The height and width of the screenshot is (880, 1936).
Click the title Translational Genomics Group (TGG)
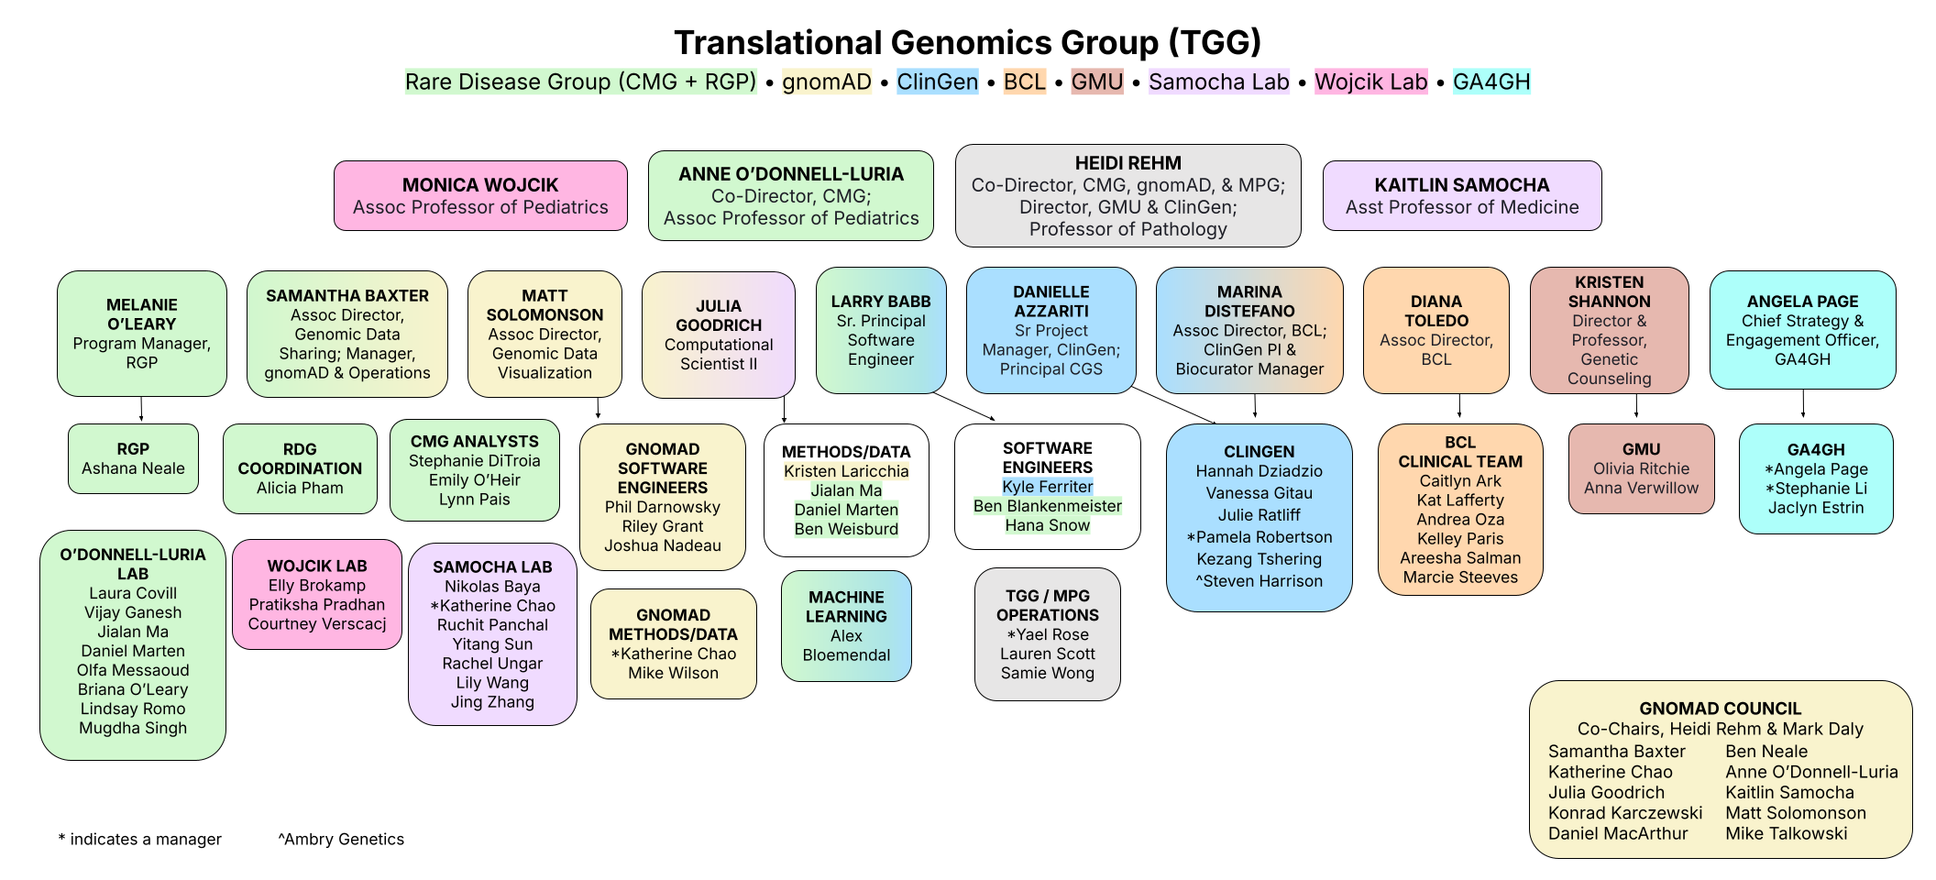coord(967,43)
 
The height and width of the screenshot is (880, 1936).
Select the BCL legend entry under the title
coord(1024,82)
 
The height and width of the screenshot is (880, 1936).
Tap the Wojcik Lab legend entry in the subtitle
coord(1370,82)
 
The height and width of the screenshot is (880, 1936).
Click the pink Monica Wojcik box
coord(480,195)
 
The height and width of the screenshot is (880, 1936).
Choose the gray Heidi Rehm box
coord(1127,195)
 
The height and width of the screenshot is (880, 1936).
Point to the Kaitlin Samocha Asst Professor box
coord(1461,195)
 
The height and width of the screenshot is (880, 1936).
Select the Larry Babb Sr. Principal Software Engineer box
coord(880,330)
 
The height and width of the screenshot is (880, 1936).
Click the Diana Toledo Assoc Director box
coord(1435,330)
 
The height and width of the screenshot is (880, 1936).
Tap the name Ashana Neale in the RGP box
coord(133,468)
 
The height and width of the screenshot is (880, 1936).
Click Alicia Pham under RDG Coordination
coord(300,488)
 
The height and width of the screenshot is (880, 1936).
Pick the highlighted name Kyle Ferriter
coord(1047,487)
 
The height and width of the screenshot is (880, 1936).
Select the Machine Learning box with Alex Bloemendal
coord(846,626)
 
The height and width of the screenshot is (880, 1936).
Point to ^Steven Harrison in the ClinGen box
coord(1259,580)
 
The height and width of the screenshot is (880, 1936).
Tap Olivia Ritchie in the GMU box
coord(1641,468)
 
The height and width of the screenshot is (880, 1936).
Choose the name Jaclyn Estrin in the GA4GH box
coord(1815,507)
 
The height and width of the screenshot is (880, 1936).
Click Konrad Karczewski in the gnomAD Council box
coord(1624,812)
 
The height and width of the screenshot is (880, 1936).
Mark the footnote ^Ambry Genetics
coord(341,839)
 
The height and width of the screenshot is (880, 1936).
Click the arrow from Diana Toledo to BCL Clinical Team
coord(1459,407)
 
